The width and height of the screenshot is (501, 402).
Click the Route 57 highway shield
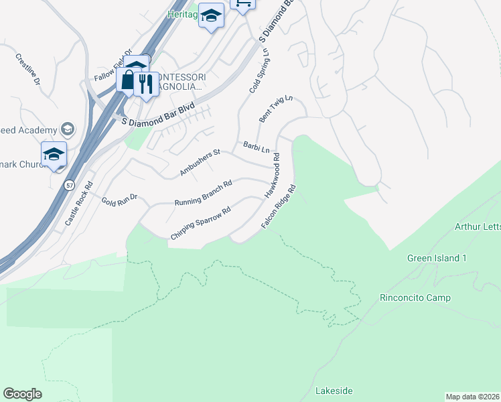69,185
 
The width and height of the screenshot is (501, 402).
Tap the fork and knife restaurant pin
145,84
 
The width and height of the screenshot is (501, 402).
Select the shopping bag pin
127,80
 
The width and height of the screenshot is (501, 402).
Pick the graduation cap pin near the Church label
54,155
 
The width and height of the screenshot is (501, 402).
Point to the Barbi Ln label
257,145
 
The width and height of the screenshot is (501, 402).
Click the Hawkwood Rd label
272,176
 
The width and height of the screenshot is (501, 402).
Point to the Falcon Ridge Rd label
279,206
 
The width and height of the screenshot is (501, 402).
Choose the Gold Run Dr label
119,199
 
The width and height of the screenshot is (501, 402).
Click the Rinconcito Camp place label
415,297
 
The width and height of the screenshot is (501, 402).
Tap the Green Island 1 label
436,258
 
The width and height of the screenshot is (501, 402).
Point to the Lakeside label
334,391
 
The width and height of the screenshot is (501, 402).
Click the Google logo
22,394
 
